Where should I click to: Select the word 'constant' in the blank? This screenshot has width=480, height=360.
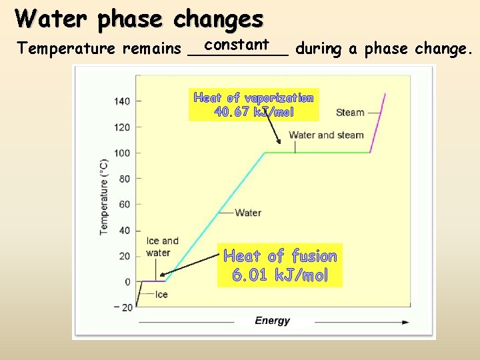237,45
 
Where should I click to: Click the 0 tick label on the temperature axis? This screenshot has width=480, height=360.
127,282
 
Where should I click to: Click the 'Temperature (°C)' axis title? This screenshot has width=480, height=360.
104,197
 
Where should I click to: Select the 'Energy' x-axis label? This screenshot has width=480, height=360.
272,321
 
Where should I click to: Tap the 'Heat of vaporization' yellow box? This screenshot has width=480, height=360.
253,105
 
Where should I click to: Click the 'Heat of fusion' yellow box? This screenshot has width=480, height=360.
280,265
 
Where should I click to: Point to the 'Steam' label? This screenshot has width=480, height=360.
350,113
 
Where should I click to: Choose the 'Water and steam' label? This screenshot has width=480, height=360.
326,135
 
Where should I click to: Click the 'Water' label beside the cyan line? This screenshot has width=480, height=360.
248,213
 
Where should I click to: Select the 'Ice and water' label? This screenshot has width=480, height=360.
162,247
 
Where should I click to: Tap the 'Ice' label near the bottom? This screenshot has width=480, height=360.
161,294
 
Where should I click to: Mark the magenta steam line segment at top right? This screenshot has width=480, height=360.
378,123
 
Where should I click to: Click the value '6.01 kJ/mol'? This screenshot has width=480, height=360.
280,275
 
